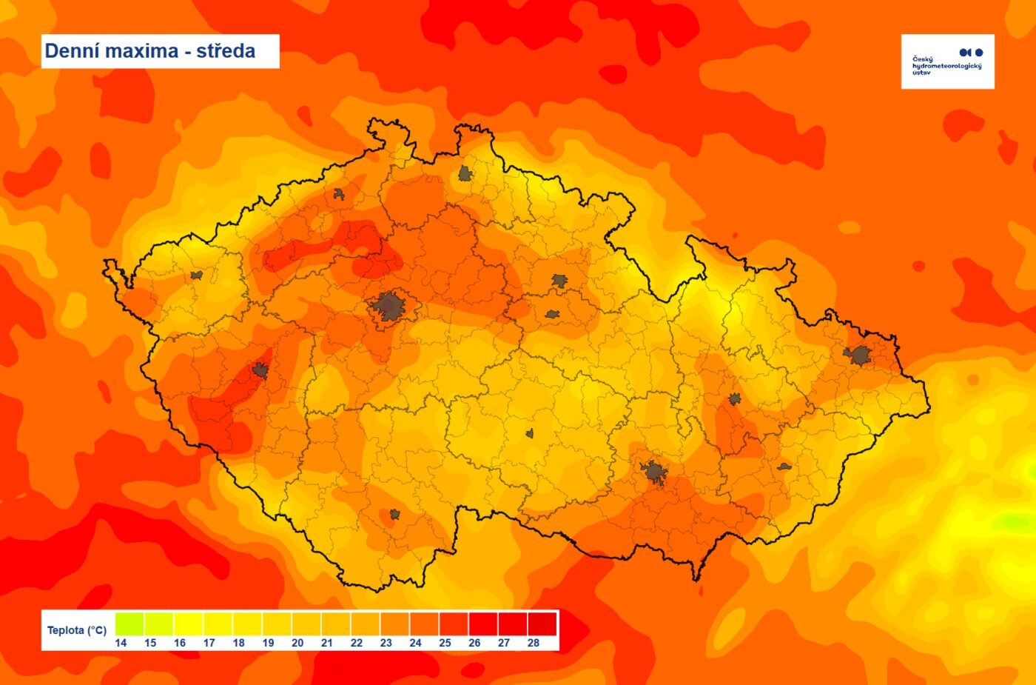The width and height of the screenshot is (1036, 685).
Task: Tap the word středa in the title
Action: tap(226, 51)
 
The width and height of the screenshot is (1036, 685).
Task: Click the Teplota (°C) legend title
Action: tap(77, 630)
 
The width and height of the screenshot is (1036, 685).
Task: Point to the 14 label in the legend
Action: tap(121, 643)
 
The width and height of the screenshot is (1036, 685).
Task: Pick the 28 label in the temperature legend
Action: tap(534, 643)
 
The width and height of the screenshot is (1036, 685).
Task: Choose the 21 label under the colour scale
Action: tap(327, 643)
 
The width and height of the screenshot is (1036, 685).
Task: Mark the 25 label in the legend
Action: tap(445, 643)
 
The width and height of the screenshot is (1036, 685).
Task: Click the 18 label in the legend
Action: tap(238, 643)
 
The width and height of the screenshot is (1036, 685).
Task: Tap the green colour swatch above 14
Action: tap(129, 624)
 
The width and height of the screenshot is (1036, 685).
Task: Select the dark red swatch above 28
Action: tap(542, 624)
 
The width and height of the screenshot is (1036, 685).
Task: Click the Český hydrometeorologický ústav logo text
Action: tap(946, 65)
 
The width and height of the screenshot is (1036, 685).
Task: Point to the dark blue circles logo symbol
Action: tap(971, 53)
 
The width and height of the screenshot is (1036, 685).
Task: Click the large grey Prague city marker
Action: tap(388, 305)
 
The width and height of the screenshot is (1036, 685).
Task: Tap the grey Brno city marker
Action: tap(653, 472)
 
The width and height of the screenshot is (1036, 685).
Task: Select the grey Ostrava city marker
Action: tap(858, 355)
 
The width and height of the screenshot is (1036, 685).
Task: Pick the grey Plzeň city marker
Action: tap(260, 370)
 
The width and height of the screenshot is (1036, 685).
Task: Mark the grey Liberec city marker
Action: tap(465, 173)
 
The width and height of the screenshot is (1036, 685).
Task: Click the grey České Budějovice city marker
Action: tap(394, 514)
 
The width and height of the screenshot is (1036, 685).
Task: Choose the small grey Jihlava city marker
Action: tap(529, 433)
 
